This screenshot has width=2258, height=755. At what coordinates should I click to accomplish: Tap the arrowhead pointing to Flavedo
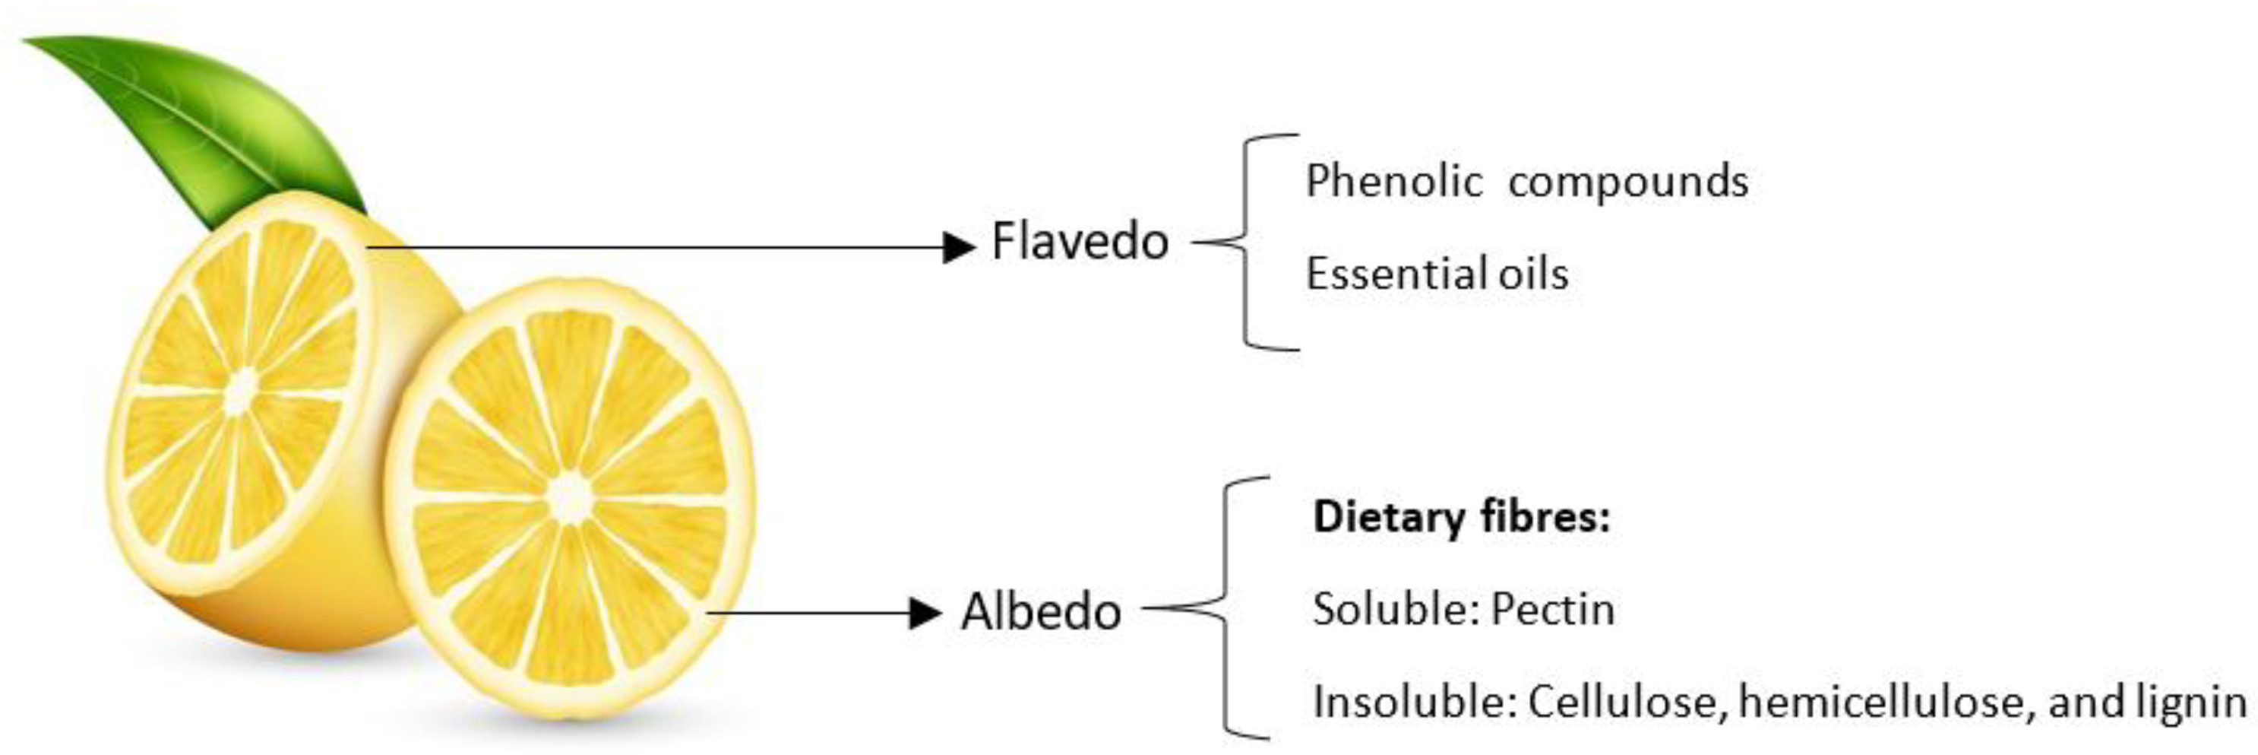tap(958, 247)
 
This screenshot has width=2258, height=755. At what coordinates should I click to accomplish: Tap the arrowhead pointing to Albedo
tap(925, 613)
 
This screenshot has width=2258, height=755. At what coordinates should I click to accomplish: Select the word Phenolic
tap(1393, 182)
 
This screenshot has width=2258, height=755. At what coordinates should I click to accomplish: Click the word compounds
tap(1627, 182)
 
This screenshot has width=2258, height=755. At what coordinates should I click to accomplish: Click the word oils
tap(1533, 274)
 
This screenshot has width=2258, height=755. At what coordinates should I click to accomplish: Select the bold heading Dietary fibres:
tap(1461, 516)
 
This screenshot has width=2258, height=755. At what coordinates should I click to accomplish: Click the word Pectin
tap(1552, 608)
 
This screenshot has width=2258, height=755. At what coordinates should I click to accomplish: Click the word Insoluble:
tap(1414, 702)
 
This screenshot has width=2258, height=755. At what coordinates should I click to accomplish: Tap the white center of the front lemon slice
tap(571, 498)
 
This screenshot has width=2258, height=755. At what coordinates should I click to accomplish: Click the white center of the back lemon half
tap(241, 392)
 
